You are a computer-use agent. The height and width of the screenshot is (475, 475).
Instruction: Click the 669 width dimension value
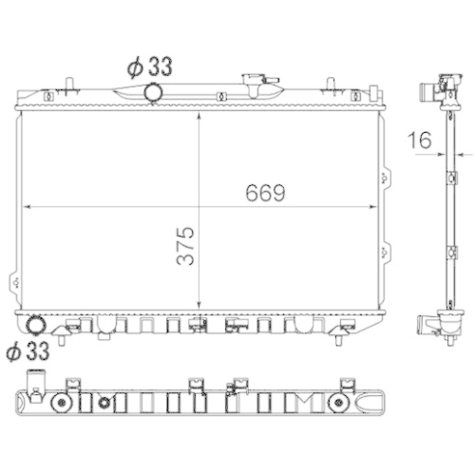[265, 193]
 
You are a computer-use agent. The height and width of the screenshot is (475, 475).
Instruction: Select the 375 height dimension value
[185, 246]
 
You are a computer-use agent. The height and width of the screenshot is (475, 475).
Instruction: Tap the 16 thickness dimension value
[420, 141]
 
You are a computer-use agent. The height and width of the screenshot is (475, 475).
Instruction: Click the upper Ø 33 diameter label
[150, 66]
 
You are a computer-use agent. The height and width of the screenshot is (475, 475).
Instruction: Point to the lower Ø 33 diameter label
[28, 351]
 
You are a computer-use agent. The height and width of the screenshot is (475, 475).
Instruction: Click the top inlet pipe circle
[154, 92]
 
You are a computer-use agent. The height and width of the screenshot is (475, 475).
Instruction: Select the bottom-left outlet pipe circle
[35, 325]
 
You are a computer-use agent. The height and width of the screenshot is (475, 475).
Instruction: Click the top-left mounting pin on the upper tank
[69, 85]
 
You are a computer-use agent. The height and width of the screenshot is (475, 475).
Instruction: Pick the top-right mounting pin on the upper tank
[331, 85]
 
